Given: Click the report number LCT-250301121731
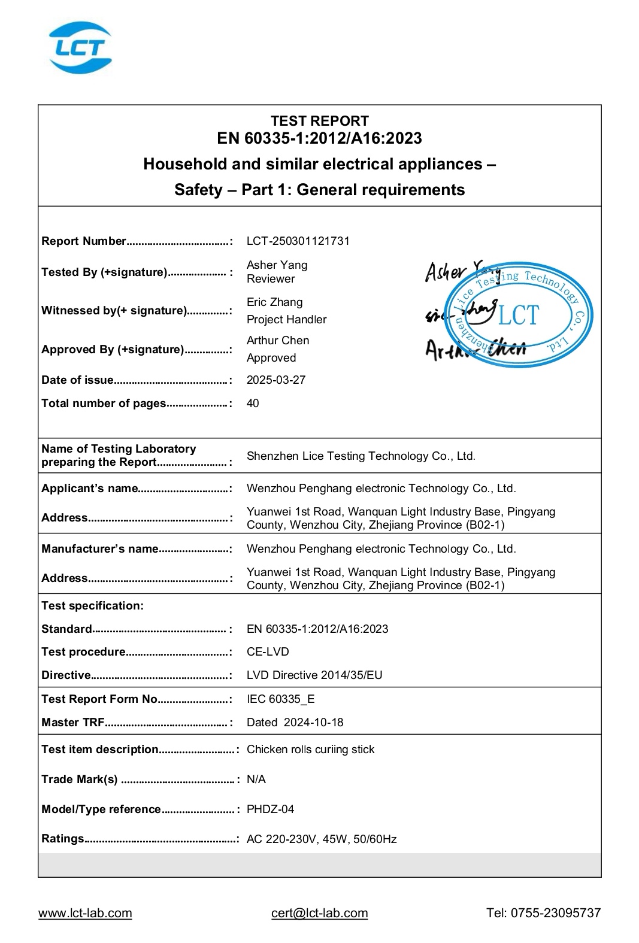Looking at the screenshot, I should pos(298,241).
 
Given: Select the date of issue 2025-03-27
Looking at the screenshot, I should pos(275,380).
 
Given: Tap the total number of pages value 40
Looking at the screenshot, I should pos(253,404).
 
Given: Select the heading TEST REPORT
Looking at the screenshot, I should pos(319,121).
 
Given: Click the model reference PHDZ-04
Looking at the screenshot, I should pos(270,809).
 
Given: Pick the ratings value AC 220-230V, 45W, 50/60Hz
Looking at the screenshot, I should pos(321,839).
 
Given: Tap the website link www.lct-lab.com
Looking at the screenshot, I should pos(85,913).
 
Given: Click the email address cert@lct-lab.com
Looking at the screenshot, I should pos(319,913).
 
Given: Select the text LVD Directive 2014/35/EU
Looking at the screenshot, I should pos(314,675).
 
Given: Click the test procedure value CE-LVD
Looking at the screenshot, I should pos(268,652).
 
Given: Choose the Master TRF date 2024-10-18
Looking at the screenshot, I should pos(313,723).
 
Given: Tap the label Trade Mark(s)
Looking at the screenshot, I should pos(80,780).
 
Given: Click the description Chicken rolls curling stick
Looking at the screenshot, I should pos(310,750).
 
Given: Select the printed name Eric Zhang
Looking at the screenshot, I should pos(274,302).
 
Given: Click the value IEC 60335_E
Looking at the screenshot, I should pos(280,699).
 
